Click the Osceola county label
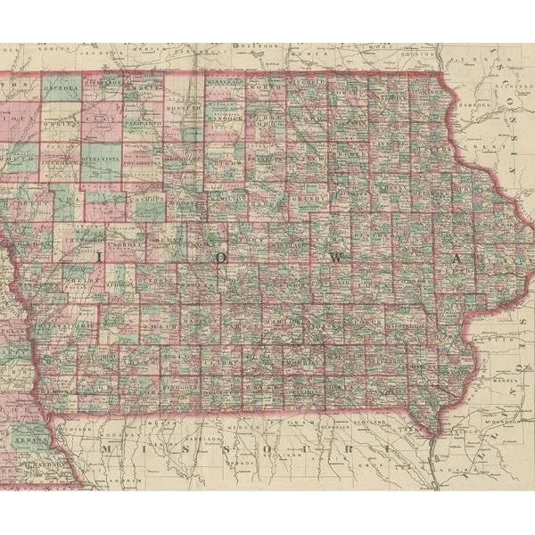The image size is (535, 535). pos(62,89)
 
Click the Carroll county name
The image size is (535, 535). pos(128,241)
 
